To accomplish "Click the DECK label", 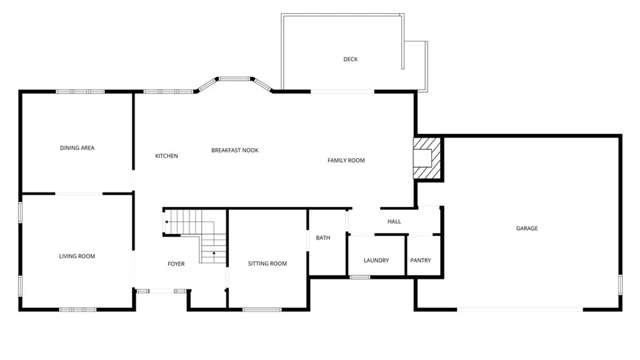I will pos(350,59).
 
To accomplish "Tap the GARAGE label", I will pos(527,228).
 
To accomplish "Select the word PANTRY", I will pos(420,260).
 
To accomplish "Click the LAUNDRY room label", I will pos(376,260).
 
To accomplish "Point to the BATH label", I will pos(323,238).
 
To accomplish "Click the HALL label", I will pos(394,221).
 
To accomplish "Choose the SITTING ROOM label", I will pos(267,264).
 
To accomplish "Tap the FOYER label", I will pos(176,264).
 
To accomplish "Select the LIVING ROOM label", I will pos(77,256).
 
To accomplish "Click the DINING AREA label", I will pos(77,148).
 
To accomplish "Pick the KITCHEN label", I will pos(166,156).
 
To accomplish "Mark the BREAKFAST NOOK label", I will pos(235,150).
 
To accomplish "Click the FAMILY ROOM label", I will pos(346,160).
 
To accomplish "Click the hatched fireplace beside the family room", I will pos(427,158).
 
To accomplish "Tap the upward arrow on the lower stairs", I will pos(214,253).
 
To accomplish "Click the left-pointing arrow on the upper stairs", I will pos(166,222).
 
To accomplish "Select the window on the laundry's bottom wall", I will pos(360,277).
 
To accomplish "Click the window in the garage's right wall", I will pos(620,285).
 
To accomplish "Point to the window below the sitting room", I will pos(262,310).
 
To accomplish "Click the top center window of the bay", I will pos(234,79).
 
